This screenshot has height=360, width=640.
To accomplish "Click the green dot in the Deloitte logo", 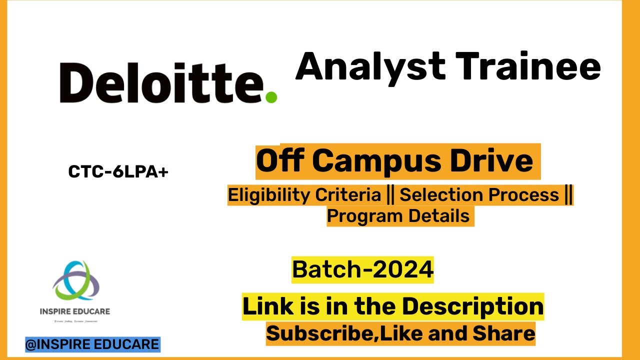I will pyautogui.click(x=270, y=96).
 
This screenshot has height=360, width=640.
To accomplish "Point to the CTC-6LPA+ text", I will pyautogui.click(x=118, y=172).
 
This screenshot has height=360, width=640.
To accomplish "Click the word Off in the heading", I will pyautogui.click(x=280, y=161).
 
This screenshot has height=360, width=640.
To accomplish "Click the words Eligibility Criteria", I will pyautogui.click(x=304, y=195).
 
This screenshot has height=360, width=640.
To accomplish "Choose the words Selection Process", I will pyautogui.click(x=479, y=195).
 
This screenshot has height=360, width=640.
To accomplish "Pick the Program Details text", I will pyautogui.click(x=398, y=216).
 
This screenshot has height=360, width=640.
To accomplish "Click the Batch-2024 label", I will pyautogui.click(x=362, y=270).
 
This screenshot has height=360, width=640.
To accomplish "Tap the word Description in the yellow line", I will pyautogui.click(x=472, y=306).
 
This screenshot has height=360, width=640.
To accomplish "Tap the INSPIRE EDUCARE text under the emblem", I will pyautogui.click(x=75, y=311).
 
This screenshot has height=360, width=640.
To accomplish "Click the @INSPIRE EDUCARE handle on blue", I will pyautogui.click(x=92, y=344).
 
